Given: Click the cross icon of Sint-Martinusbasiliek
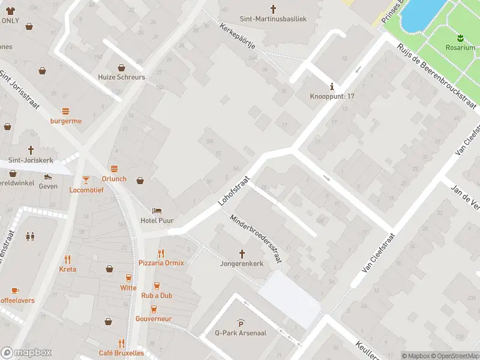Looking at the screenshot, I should click(273, 9).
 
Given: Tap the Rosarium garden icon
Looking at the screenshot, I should click(460, 37).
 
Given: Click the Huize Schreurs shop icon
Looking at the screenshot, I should click(121, 68).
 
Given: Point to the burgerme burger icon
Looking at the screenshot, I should click(66, 111).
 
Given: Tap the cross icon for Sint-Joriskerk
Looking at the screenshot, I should click(31, 151).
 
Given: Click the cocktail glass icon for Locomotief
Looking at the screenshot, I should click(86, 179).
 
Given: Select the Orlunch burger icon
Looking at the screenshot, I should click(114, 168).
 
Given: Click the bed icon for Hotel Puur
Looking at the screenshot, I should click(157, 211).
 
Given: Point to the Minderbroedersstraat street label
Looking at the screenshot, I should click(256, 238).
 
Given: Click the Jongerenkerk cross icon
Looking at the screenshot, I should click(242, 254).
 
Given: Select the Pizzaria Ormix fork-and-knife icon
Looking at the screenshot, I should click(161, 253).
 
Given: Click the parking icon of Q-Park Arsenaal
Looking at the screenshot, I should click(241, 323).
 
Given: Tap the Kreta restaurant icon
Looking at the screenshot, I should click(68, 260).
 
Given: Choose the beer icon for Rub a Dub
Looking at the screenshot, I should click(157, 286).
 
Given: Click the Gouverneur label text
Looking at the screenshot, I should click(154, 319).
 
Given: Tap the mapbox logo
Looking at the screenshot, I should click(26, 353).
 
